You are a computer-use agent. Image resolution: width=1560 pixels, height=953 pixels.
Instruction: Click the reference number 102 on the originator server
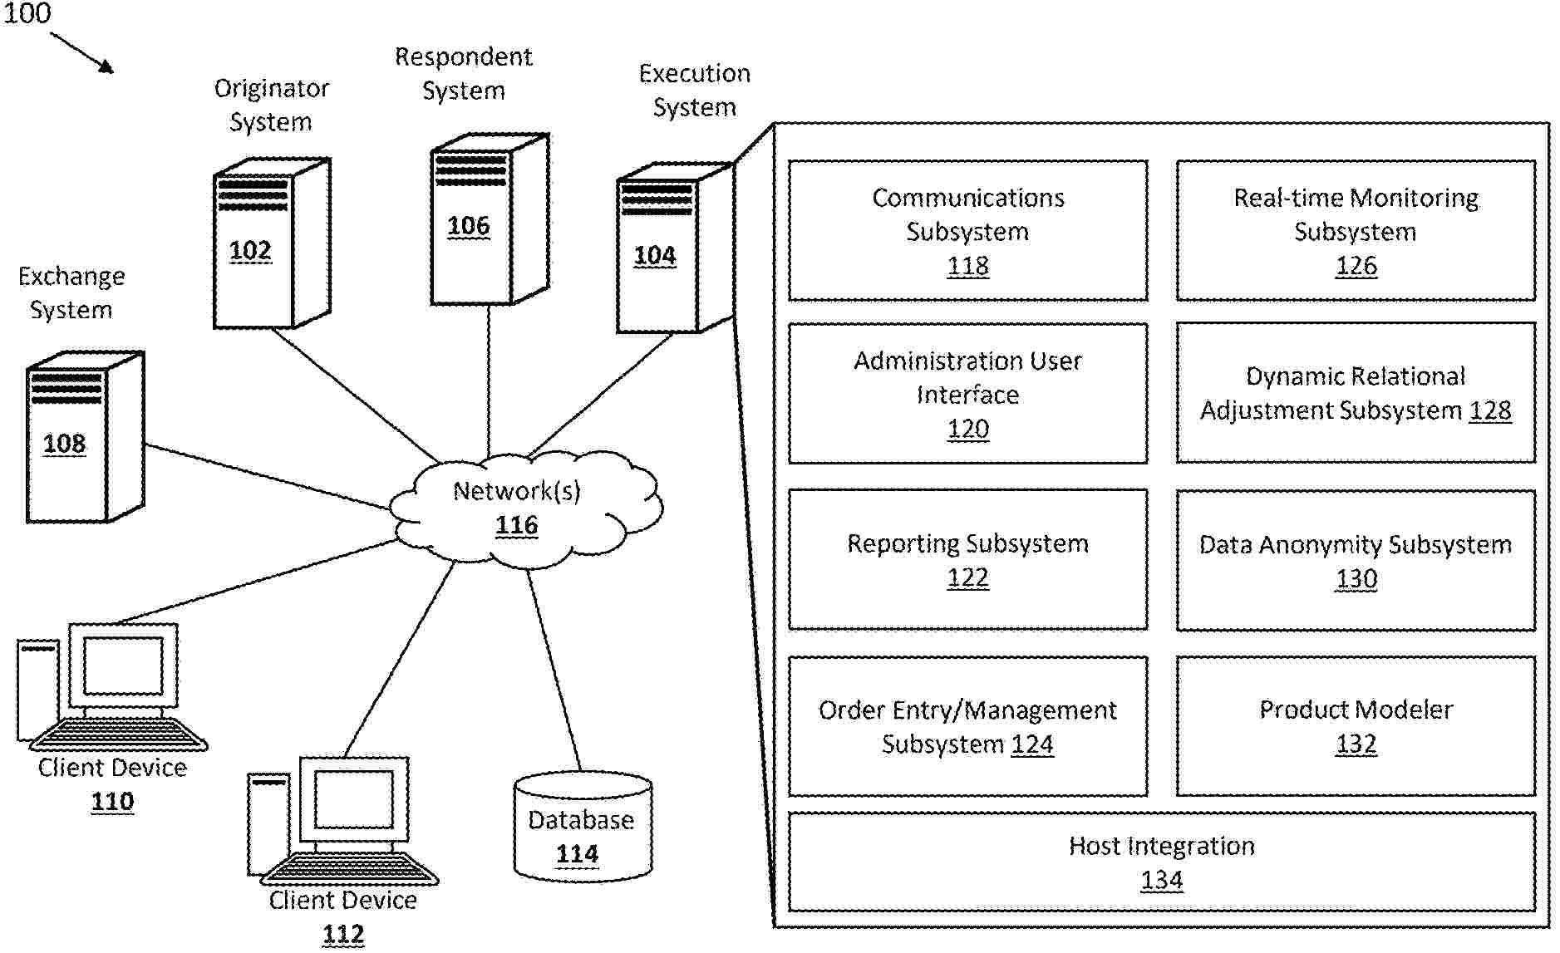(250, 250)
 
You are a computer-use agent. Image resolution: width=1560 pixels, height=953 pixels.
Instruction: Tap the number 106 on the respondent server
(468, 225)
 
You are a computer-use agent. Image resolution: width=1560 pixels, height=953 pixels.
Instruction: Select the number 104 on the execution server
(655, 255)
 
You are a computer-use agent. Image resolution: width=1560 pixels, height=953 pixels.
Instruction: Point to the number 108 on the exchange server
(64, 443)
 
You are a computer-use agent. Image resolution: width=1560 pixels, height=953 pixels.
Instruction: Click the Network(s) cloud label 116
(517, 525)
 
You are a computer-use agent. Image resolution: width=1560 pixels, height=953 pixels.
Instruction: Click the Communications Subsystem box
(967, 230)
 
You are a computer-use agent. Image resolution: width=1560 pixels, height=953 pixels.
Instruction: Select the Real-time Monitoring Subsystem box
(1356, 230)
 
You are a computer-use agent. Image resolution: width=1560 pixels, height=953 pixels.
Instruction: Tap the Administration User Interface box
(967, 393)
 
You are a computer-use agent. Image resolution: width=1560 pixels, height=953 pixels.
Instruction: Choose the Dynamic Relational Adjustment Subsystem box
(1356, 393)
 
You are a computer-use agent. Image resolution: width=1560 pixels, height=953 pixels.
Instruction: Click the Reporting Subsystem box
(967, 559)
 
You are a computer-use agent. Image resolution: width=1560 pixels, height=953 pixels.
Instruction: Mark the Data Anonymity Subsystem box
(1356, 560)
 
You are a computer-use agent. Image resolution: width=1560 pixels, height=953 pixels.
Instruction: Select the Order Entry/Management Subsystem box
(967, 726)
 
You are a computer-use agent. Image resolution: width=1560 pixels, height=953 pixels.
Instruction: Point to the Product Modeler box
(1356, 726)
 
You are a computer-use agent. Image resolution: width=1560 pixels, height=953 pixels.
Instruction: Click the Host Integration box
(1161, 862)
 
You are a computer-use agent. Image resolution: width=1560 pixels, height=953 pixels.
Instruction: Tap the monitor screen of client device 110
(123, 666)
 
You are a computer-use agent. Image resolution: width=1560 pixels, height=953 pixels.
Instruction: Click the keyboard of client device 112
(349, 869)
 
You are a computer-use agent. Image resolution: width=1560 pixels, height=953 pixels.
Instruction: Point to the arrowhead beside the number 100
(106, 67)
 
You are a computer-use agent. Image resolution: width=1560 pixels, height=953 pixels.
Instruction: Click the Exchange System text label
(71, 292)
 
